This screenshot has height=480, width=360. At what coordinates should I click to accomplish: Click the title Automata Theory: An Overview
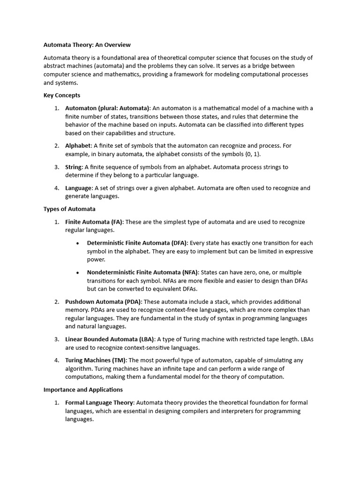[87, 45]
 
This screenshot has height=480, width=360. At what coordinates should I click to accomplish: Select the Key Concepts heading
[62, 95]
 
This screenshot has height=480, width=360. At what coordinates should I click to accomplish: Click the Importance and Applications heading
[83, 390]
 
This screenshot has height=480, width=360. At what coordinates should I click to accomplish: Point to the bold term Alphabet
[77, 146]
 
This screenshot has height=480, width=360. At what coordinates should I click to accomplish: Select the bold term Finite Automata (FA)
[94, 222]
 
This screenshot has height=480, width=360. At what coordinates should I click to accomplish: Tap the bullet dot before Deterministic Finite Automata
[77, 243]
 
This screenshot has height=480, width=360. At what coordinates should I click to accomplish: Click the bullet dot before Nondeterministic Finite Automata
[77, 272]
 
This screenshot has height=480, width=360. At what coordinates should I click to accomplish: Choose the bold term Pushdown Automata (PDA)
[103, 301]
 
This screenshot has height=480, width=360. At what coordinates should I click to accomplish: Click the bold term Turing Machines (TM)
[96, 360]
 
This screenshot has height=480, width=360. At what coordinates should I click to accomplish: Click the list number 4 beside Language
[56, 188]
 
